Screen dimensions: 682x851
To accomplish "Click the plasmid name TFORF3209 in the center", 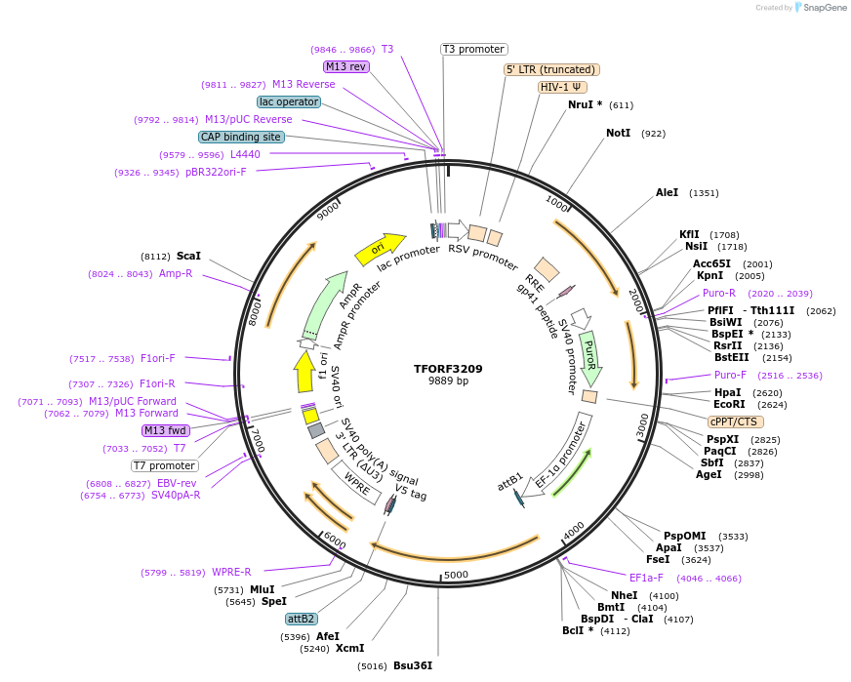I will coord(448,369).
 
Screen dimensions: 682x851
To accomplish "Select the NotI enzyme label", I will coord(618,133).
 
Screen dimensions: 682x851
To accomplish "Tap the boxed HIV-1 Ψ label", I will coord(562,87).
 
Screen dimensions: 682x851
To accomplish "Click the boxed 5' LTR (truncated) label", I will coord(551,69).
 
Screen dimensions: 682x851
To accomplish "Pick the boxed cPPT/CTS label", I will coord(733,421).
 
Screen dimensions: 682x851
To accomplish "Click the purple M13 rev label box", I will coord(346,66).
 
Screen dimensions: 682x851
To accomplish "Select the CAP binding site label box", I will coord(241,137).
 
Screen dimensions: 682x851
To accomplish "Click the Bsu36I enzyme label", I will coord(412,665).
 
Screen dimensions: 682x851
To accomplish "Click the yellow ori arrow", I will coord(379,250).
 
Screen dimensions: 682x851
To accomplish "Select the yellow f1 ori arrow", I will coord(304,371).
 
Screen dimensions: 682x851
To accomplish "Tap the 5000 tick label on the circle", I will coord(456,575).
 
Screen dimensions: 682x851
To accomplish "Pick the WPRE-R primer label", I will coord(231,572).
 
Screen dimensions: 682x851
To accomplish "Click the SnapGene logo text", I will coord(823,8).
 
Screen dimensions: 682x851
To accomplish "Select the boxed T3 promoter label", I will coord(474,49).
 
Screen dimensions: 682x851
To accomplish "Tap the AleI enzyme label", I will coord(667,193).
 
